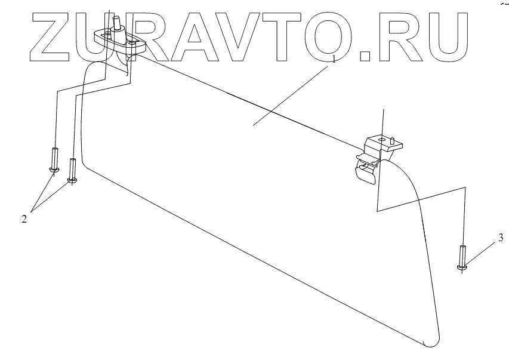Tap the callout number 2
pos(24,219)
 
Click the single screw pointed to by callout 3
pos(462,257)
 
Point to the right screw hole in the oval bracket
pos(132,43)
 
